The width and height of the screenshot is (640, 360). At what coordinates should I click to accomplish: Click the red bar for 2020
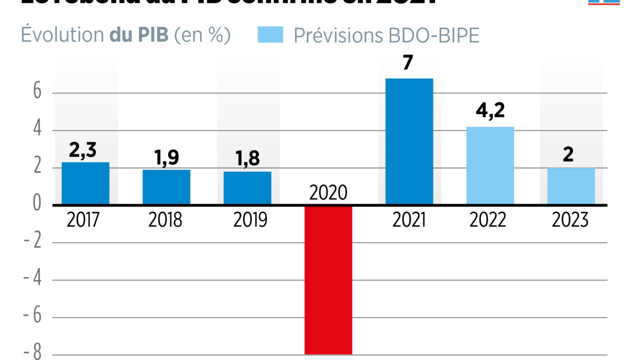pyautogui.click(x=328, y=280)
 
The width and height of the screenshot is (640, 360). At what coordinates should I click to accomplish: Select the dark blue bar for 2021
pyautogui.click(x=409, y=141)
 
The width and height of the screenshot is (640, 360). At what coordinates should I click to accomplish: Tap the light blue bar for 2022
pyautogui.click(x=490, y=165)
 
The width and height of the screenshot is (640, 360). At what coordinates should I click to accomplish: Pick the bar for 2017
pyautogui.click(x=85, y=183)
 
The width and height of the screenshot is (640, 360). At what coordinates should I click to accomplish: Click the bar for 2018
pyautogui.click(x=166, y=186)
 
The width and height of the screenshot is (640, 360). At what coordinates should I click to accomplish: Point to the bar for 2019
pyautogui.click(x=247, y=187)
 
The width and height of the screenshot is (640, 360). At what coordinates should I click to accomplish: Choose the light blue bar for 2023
pyautogui.click(x=571, y=186)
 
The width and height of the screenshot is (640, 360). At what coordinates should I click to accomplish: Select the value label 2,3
pyautogui.click(x=83, y=149)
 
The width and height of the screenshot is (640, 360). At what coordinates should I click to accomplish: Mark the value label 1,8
pyautogui.click(x=247, y=159)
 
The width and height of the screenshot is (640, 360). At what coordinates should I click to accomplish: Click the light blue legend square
pyautogui.click(x=270, y=35)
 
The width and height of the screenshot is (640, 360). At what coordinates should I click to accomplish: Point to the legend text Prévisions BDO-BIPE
pyautogui.click(x=386, y=35)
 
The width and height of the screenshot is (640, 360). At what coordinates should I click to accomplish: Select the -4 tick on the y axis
pyautogui.click(x=33, y=280)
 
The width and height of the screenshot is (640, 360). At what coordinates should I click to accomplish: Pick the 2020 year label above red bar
pyautogui.click(x=328, y=192)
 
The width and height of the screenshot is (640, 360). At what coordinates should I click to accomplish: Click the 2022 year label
pyautogui.click(x=488, y=220)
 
